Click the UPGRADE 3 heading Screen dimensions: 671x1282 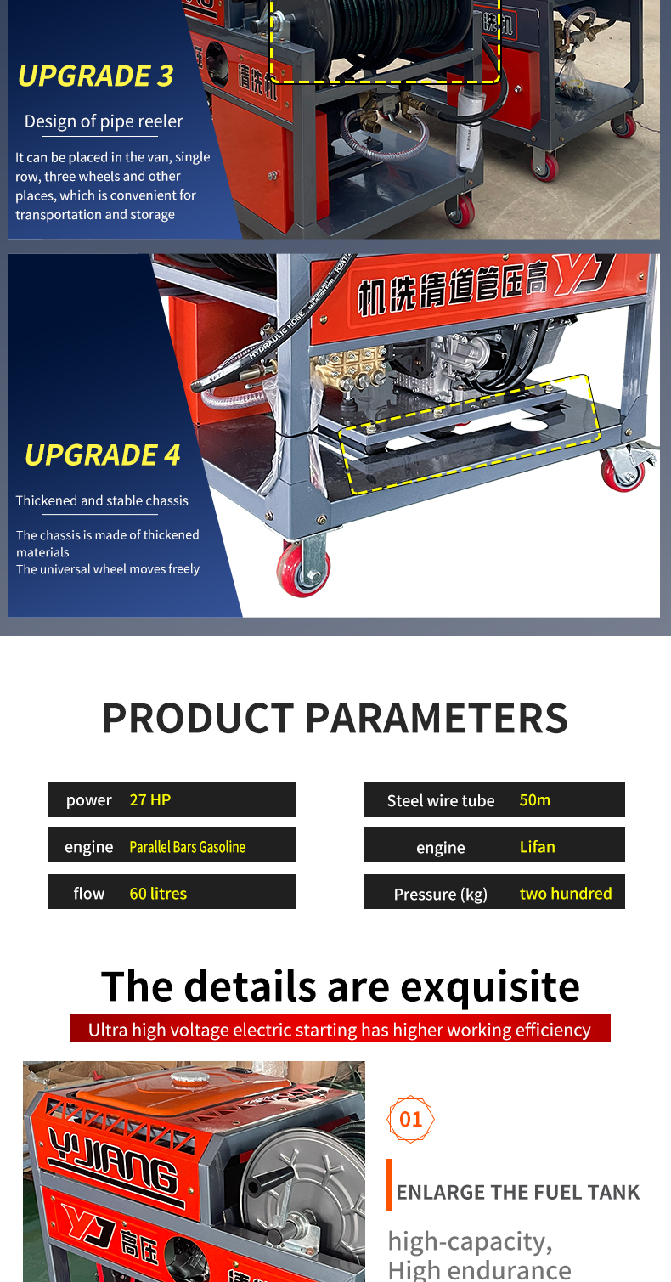tap(95, 76)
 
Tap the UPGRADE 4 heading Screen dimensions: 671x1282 tap(103, 455)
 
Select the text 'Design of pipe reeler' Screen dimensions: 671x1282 tap(104, 121)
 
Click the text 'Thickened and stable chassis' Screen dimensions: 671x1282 tap(102, 500)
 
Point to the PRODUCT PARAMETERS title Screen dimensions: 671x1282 tap(335, 718)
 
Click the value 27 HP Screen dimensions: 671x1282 tap(149, 800)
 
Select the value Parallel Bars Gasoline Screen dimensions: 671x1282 tap(187, 847)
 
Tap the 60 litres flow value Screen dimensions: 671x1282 tap(158, 894)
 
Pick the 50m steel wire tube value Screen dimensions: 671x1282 tap(534, 800)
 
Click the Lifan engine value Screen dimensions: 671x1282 tap(537, 847)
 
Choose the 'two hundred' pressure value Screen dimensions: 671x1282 tap(565, 894)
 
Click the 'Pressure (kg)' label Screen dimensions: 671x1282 tap(441, 895)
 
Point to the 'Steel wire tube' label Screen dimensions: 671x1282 tap(441, 800)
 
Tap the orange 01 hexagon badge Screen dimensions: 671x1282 tap(410, 1119)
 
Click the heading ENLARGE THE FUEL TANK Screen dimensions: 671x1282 tap(518, 1192)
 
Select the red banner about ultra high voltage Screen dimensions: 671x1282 tap(341, 1029)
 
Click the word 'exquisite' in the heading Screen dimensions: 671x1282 tap(490, 986)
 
